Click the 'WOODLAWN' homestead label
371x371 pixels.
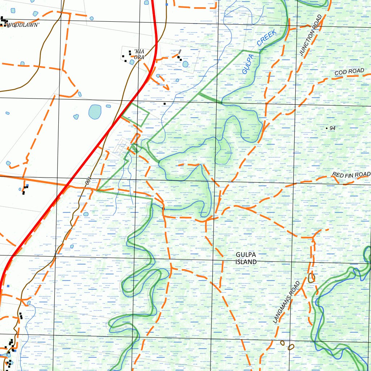tap(23, 25)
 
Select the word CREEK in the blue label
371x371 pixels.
tap(267, 37)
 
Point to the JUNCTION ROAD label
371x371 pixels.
tap(311, 35)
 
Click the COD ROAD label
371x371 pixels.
tap(349, 72)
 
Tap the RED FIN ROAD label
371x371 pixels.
tap(351, 175)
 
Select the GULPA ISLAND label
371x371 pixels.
tap(246, 258)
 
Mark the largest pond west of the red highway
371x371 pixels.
tap(95, 112)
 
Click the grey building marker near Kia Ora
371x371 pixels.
tap(180, 52)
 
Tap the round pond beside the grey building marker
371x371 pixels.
tap(185, 64)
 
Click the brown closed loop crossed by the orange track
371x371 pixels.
tap(311, 278)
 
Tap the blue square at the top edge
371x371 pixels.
tap(167, 4)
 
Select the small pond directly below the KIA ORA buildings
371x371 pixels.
tap(132, 62)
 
